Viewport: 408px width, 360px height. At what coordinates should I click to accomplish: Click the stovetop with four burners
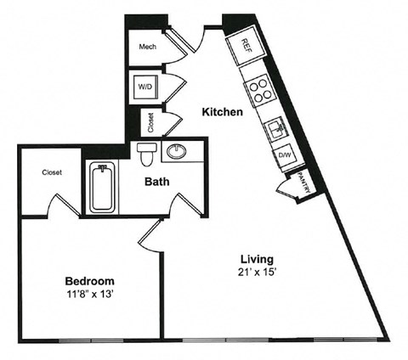point(256,87)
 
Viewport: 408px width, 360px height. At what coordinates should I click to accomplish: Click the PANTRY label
point(303,183)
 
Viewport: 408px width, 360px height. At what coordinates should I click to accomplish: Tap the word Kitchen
point(224,111)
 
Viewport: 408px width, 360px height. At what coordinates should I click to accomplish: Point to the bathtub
point(101,189)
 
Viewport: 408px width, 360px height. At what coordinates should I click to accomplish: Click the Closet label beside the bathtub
point(52,172)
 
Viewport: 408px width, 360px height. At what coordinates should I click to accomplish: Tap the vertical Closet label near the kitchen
point(150,123)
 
